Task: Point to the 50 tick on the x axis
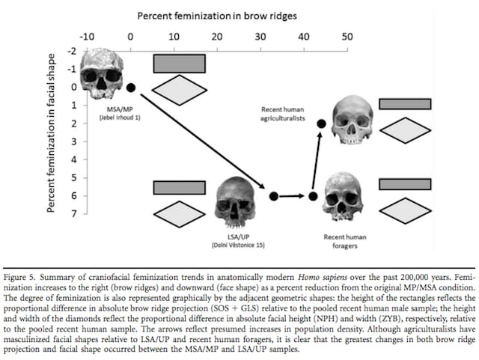tap(347, 35)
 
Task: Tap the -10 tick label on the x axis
tap(87, 35)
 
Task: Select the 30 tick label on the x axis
tap(260, 35)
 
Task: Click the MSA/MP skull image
tap(100, 74)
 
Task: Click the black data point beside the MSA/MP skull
tap(131, 88)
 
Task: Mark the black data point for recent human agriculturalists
tap(322, 123)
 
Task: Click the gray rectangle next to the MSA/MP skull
tap(180, 63)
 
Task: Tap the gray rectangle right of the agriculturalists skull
tap(404, 105)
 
